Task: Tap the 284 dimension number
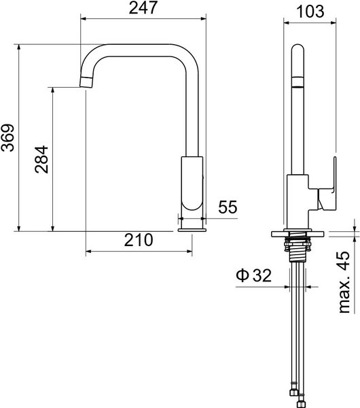click(x=41, y=160)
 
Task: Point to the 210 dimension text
click(x=139, y=240)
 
